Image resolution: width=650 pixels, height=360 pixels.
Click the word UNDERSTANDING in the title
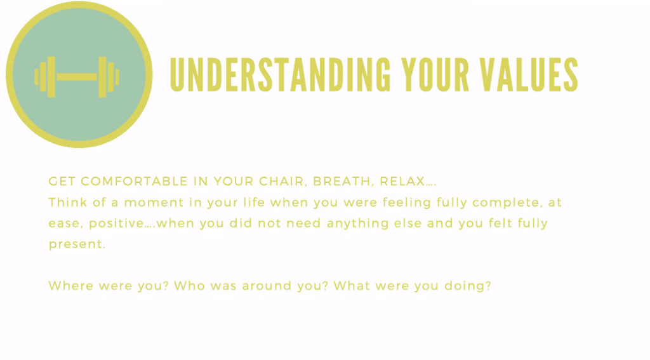point(280,75)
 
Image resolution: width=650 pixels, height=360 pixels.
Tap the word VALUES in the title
point(529,75)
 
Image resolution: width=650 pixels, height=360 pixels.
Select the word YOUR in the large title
point(435,75)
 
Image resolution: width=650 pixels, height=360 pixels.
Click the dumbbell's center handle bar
point(77,77)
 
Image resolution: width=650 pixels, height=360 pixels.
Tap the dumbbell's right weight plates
point(109,77)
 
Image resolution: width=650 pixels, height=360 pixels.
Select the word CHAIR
point(283,182)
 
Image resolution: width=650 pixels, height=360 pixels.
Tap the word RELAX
point(402,181)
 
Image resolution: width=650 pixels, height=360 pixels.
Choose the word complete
point(507,203)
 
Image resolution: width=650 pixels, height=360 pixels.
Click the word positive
point(117,223)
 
